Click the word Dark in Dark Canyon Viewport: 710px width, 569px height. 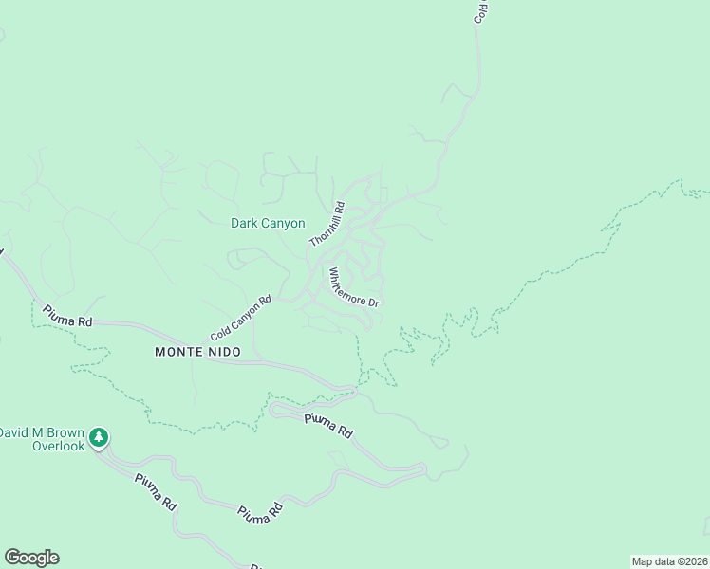[x=245, y=224]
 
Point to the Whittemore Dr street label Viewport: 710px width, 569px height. [x=354, y=287]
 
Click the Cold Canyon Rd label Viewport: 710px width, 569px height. [x=241, y=320]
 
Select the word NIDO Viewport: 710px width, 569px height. [x=225, y=352]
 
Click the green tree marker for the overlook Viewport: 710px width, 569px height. [x=100, y=438]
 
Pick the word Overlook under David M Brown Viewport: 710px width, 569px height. [x=58, y=446]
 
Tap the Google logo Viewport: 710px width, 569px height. [x=31, y=558]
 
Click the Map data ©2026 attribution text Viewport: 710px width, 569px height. [x=668, y=560]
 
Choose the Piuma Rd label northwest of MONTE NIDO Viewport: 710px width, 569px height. [x=66, y=316]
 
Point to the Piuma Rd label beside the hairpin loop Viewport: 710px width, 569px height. [x=328, y=425]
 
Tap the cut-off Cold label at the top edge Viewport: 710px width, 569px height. [x=481, y=11]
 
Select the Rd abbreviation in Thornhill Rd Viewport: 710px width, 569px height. [x=336, y=208]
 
